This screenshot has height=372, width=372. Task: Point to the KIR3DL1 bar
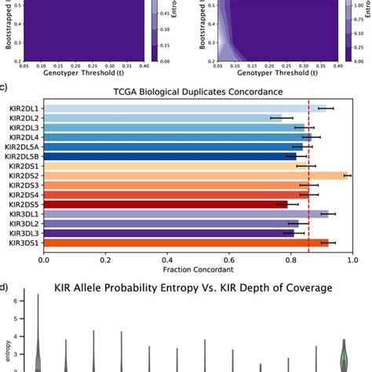pos(185,213)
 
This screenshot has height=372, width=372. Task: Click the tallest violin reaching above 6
pos(38,337)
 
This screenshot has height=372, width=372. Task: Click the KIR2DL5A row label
pos(24,146)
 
